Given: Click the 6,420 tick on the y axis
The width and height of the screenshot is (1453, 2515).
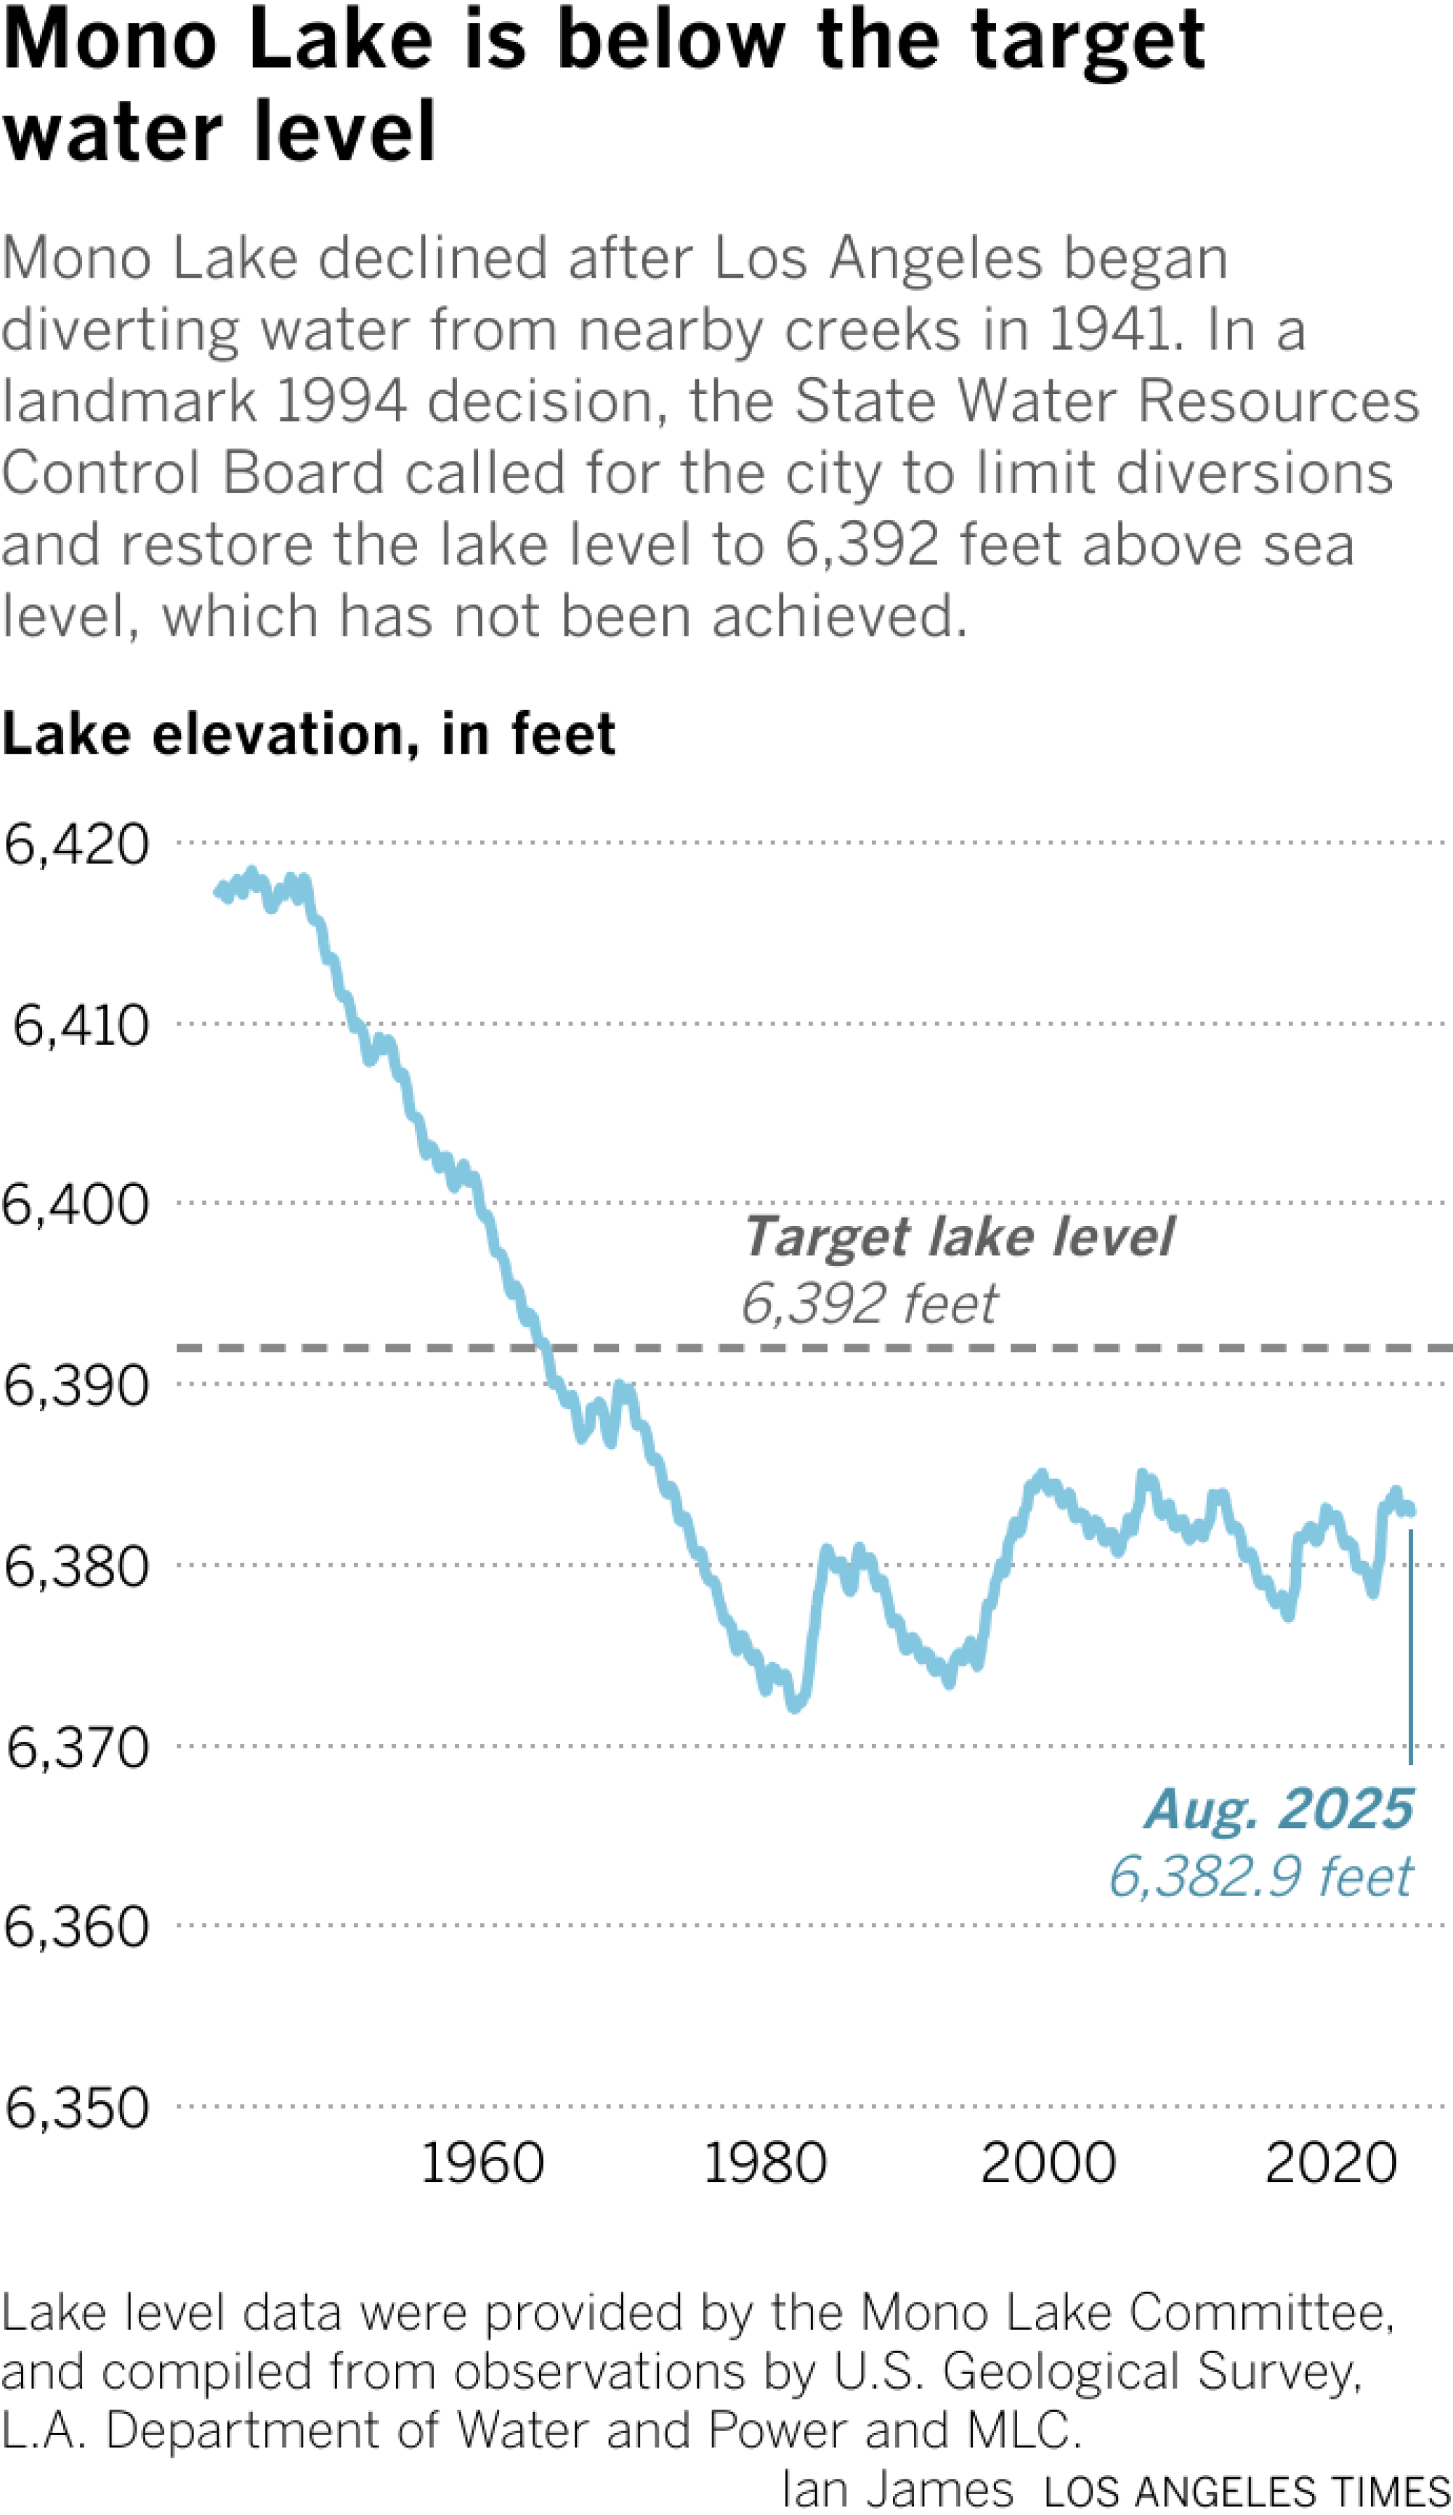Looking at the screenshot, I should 77,844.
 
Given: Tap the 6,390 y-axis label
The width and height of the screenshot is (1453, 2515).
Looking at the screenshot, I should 77,1385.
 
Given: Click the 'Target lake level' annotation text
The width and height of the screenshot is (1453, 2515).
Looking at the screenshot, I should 958,1237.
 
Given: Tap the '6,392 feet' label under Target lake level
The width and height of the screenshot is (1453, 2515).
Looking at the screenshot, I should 868,1304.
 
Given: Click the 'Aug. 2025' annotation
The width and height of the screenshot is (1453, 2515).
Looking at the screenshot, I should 1279,1809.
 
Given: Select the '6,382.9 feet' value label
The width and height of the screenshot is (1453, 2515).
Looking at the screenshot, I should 1260,1876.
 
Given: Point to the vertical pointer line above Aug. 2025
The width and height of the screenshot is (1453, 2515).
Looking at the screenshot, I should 1410,1647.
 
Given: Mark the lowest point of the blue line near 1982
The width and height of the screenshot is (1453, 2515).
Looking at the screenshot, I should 794,1708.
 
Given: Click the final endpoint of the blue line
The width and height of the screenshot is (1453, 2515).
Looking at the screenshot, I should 1411,1511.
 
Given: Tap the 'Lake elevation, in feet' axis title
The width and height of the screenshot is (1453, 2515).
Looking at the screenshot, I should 308,735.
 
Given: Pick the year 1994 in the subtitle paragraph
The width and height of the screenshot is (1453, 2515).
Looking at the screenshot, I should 340,401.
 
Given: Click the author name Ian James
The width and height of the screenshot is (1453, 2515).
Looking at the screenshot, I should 897,2489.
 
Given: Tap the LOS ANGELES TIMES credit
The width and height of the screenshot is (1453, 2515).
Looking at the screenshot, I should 1247,2491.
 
